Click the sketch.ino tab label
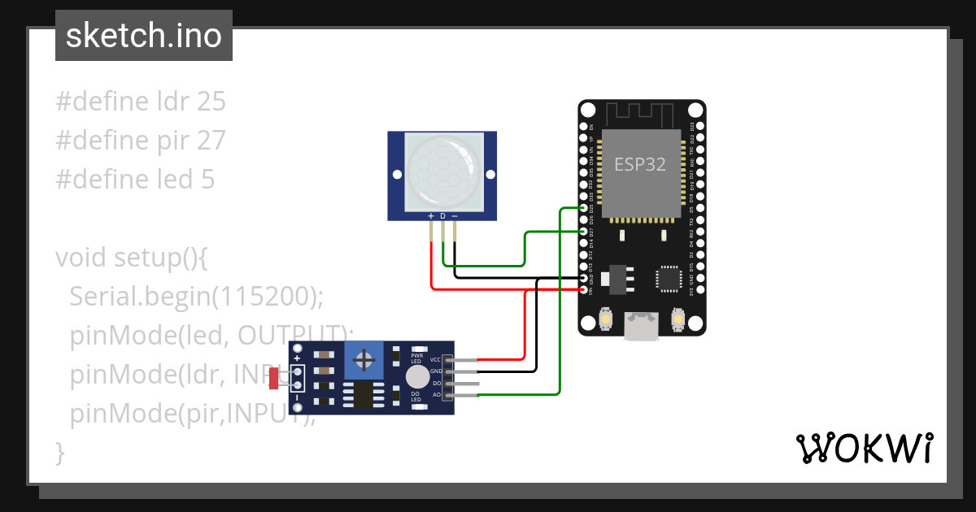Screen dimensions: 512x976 (143, 36)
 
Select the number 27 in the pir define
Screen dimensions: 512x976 (211, 141)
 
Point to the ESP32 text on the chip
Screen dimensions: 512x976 (639, 165)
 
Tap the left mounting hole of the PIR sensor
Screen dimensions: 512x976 (397, 175)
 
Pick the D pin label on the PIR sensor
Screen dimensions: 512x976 (442, 216)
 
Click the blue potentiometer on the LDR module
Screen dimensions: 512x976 (365, 358)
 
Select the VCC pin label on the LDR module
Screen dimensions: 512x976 (435, 359)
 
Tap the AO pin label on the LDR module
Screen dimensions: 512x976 (436, 394)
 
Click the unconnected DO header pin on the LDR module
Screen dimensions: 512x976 (464, 383)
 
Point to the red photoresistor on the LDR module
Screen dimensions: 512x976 (274, 378)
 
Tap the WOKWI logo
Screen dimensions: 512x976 (864, 448)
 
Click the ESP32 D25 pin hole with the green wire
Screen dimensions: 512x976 (585, 209)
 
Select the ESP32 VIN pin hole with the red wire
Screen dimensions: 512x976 (585, 289)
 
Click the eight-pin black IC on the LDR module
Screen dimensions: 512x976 (359, 395)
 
